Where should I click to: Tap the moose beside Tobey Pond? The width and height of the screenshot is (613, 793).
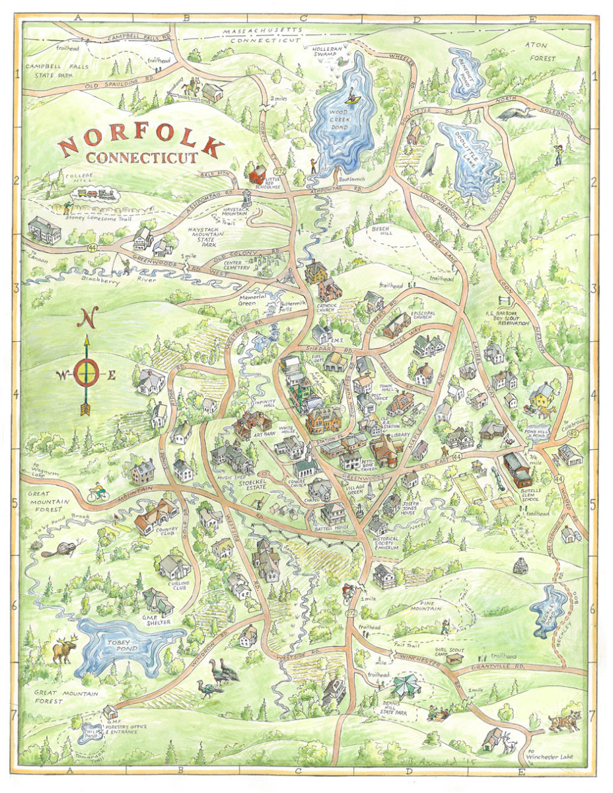coord(65,649)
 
